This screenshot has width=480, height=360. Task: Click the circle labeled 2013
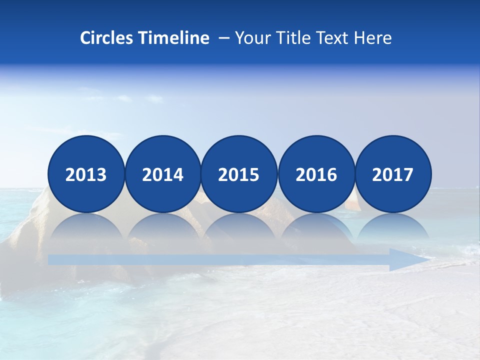click(86, 174)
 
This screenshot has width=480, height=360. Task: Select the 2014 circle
click(162, 174)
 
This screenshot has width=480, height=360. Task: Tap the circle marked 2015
click(239, 174)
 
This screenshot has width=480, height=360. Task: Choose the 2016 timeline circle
click(316, 174)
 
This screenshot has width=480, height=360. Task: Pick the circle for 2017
click(393, 174)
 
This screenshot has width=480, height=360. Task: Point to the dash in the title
click(223, 38)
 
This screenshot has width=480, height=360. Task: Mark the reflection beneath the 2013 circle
click(86, 227)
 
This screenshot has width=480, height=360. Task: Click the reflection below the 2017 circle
click(393, 227)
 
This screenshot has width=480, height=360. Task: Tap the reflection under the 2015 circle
click(239, 227)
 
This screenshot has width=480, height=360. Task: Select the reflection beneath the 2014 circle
click(162, 227)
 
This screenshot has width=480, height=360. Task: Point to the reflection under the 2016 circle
click(316, 227)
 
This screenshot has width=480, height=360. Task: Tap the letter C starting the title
click(85, 38)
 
